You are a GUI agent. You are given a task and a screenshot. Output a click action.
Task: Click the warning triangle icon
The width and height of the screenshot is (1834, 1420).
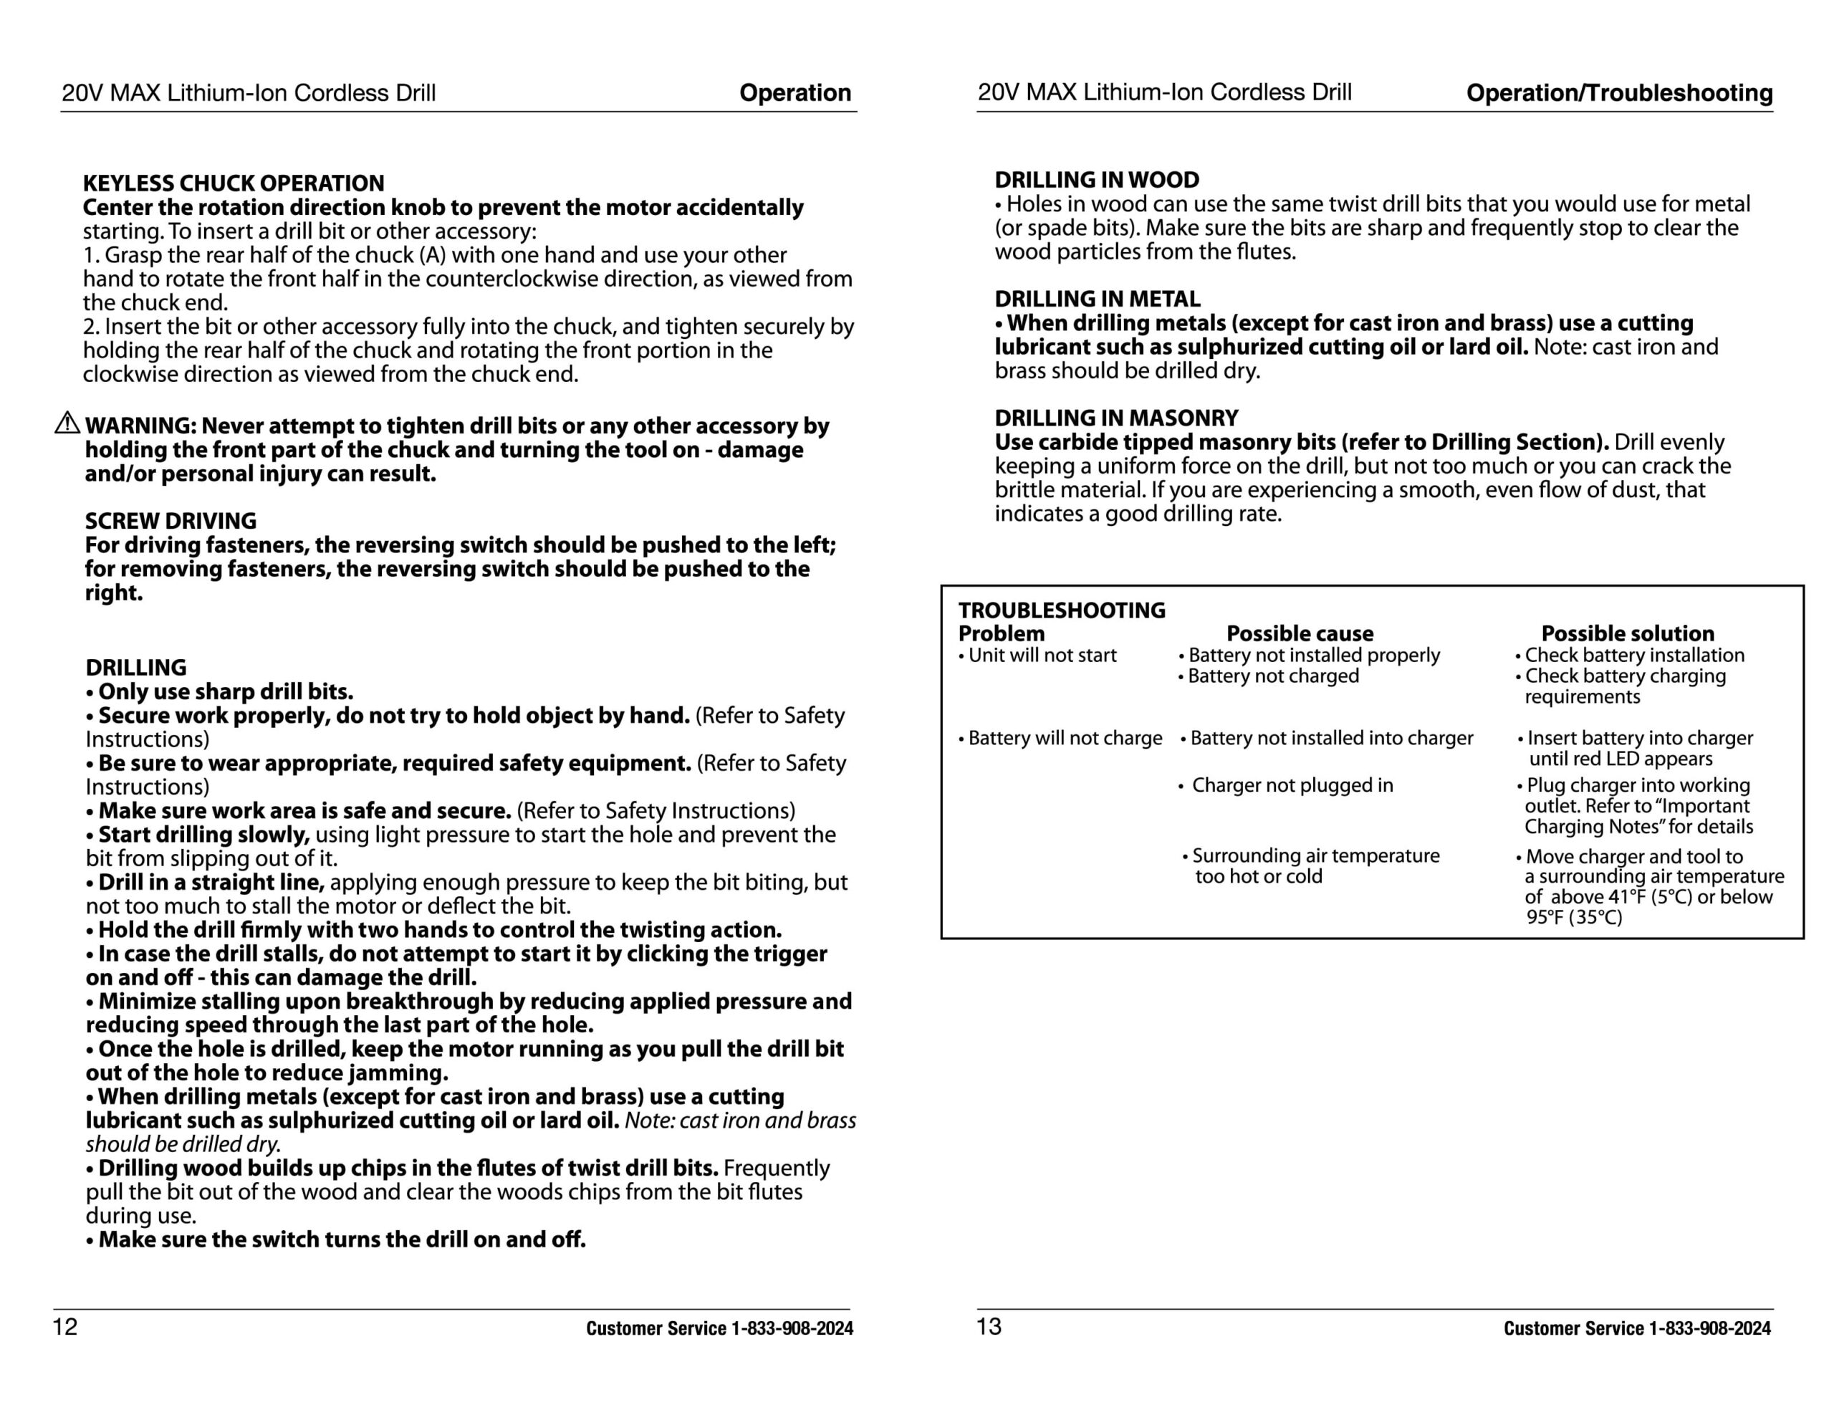click(x=67, y=424)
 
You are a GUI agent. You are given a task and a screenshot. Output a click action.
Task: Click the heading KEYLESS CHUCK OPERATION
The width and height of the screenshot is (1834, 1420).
click(x=234, y=183)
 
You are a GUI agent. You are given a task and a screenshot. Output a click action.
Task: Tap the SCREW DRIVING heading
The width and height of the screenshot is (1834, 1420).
click(x=171, y=521)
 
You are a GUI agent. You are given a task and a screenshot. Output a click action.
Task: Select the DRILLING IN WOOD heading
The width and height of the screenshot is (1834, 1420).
click(x=1097, y=180)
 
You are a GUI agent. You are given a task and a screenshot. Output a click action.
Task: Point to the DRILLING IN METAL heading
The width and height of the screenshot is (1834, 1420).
click(x=1097, y=299)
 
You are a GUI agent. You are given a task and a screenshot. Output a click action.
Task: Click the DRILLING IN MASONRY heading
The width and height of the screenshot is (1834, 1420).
click(x=1116, y=418)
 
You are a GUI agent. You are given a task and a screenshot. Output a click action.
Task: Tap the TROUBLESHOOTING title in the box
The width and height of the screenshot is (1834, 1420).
click(x=1062, y=610)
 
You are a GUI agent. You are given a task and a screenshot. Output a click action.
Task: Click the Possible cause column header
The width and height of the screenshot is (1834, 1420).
click(x=1299, y=634)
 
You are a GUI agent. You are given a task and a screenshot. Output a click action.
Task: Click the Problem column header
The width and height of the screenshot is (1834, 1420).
click(x=1001, y=634)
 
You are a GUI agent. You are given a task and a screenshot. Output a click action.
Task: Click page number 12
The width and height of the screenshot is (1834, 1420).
click(x=64, y=1327)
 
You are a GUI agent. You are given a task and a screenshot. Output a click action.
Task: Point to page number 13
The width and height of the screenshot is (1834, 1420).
click(x=989, y=1327)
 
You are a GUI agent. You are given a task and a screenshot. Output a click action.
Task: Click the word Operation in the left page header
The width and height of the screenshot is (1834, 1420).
click(x=794, y=92)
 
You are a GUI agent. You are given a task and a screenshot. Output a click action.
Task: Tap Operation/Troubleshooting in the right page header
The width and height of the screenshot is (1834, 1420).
click(x=1619, y=92)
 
